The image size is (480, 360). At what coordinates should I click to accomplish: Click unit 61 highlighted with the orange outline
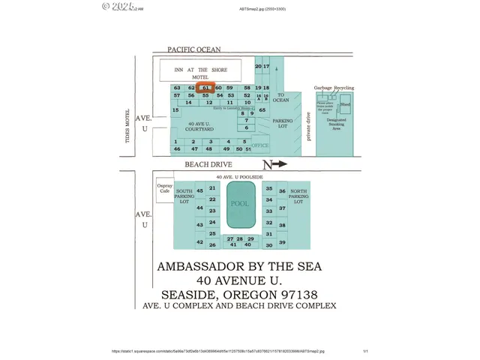206,88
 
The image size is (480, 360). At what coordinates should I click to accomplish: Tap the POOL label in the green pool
240,204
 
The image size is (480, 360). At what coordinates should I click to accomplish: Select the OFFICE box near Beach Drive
259,145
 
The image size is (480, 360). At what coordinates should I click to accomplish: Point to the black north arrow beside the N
279,163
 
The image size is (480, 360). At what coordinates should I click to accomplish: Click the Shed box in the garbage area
345,106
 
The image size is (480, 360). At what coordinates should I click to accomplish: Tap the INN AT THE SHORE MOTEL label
200,73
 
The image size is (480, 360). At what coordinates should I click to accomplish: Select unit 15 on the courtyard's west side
175,110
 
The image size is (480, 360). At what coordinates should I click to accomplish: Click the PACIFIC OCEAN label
194,49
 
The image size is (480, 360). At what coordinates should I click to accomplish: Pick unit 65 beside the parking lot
262,110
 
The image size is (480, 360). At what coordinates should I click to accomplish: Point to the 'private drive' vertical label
307,126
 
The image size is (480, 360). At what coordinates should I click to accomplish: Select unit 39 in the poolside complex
282,242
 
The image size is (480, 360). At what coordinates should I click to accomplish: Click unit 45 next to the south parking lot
199,191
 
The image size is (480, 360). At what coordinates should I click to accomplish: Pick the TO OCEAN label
281,98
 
